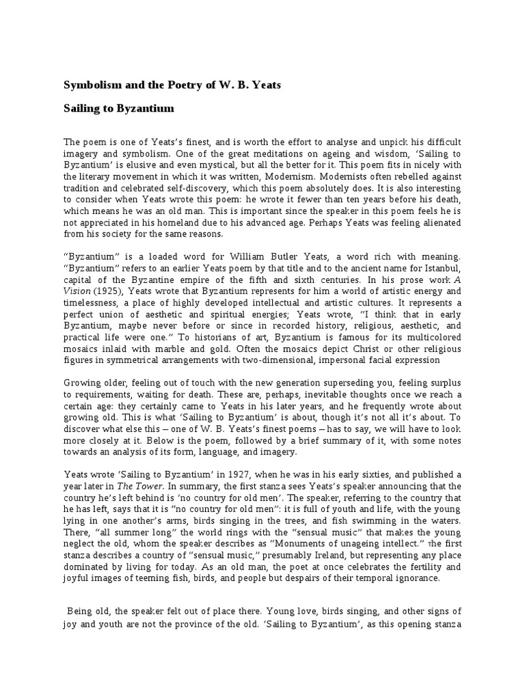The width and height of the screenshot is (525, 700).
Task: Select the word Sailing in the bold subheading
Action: (x=81, y=109)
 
